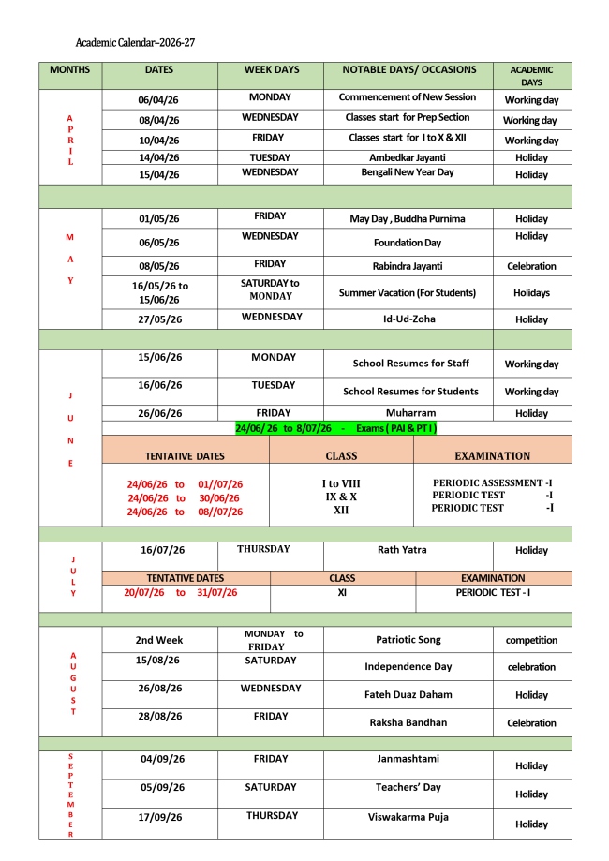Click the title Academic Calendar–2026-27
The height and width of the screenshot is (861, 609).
(x=135, y=43)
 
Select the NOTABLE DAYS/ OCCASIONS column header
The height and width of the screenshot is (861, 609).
(x=408, y=69)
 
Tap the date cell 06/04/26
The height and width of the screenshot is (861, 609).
(x=158, y=99)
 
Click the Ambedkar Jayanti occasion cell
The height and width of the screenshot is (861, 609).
(x=408, y=157)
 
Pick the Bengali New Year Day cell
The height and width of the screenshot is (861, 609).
(x=408, y=172)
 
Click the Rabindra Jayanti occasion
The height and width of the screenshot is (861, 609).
(x=408, y=266)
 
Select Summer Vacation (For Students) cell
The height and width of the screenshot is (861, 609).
(x=408, y=292)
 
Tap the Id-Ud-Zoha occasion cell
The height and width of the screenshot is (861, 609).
(x=408, y=319)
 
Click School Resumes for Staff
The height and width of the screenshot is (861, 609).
(x=410, y=363)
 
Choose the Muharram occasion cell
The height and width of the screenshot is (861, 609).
(x=408, y=411)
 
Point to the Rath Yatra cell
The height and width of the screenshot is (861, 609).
(x=408, y=549)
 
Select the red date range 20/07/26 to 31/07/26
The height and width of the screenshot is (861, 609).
(x=181, y=592)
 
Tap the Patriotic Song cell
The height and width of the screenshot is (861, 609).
(x=408, y=640)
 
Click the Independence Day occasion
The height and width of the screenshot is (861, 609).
(x=408, y=666)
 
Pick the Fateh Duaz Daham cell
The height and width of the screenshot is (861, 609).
(x=408, y=694)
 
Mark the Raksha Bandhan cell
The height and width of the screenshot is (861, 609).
(x=408, y=722)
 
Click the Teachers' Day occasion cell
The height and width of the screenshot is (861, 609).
(x=408, y=787)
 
